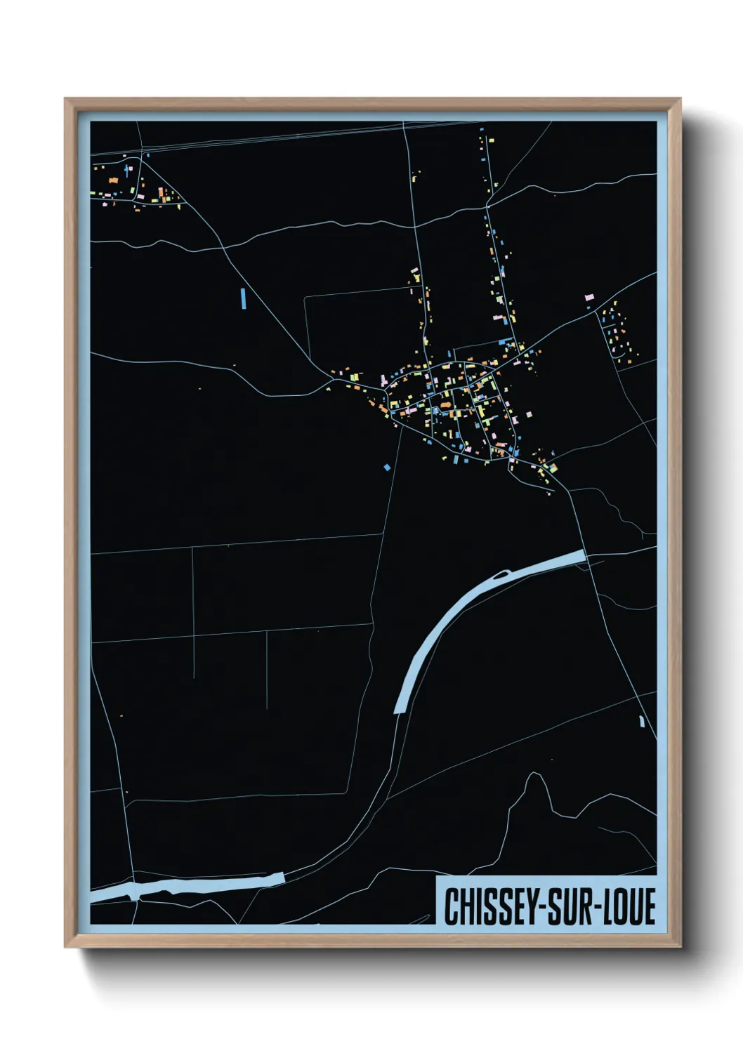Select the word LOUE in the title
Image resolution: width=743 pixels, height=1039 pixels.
click(x=629, y=906)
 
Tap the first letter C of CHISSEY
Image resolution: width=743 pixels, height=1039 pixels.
click(x=450, y=906)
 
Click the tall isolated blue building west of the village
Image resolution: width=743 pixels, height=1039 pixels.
click(x=243, y=298)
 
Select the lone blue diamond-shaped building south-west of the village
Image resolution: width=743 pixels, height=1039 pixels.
click(x=386, y=467)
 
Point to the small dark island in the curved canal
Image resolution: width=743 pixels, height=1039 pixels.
click(x=499, y=576)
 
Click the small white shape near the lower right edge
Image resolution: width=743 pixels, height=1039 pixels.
click(x=642, y=721)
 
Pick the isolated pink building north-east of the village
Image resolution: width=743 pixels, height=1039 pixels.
click(x=589, y=298)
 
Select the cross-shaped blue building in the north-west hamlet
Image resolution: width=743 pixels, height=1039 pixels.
click(x=128, y=168)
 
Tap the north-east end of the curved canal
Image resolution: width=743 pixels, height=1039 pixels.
click(x=581, y=556)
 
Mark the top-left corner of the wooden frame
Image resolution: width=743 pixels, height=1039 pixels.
click(x=66, y=100)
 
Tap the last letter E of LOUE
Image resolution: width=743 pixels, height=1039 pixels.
click(x=649, y=906)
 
